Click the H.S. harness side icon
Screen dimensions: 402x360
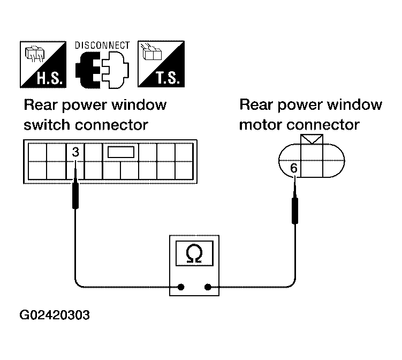click(x=43, y=64)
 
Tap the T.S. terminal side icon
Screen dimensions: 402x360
click(x=161, y=64)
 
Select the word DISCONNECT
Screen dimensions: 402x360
click(x=102, y=46)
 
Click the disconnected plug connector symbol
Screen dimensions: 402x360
click(x=102, y=70)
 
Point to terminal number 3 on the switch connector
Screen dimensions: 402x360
click(x=75, y=152)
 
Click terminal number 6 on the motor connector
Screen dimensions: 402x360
click(x=294, y=168)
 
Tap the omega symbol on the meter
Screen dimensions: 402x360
click(x=194, y=253)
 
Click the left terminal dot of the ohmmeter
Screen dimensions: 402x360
click(x=181, y=287)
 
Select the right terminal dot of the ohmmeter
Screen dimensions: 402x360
click(x=208, y=287)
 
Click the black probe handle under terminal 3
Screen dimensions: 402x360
click(x=75, y=196)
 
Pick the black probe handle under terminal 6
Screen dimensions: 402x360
click(x=295, y=211)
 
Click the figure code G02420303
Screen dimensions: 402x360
click(x=55, y=315)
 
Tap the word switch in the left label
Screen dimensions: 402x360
click(x=47, y=125)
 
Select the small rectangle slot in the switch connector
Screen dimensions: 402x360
click(x=121, y=152)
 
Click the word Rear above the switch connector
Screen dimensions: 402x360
click(x=40, y=105)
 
